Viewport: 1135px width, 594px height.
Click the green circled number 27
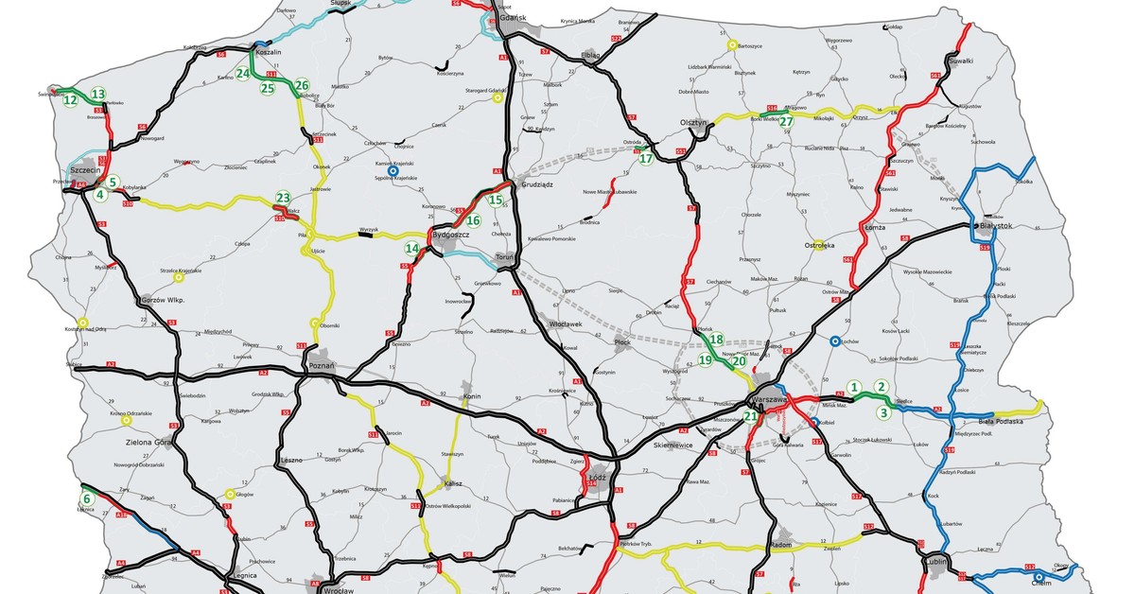pyautogui.click(x=786, y=120)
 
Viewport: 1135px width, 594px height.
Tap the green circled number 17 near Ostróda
pyautogui.click(x=646, y=159)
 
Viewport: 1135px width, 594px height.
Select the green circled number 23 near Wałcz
pyautogui.click(x=282, y=199)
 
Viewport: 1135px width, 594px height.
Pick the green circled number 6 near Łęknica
pyautogui.click(x=87, y=498)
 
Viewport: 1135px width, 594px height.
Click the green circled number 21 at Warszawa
pyautogui.click(x=750, y=416)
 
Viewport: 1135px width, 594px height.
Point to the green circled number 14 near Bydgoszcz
pyautogui.click(x=411, y=249)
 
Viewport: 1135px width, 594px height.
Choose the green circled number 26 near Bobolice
pyautogui.click(x=302, y=85)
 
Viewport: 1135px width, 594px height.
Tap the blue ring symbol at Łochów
pyautogui.click(x=834, y=341)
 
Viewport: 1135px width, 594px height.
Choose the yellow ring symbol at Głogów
pyautogui.click(x=230, y=493)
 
